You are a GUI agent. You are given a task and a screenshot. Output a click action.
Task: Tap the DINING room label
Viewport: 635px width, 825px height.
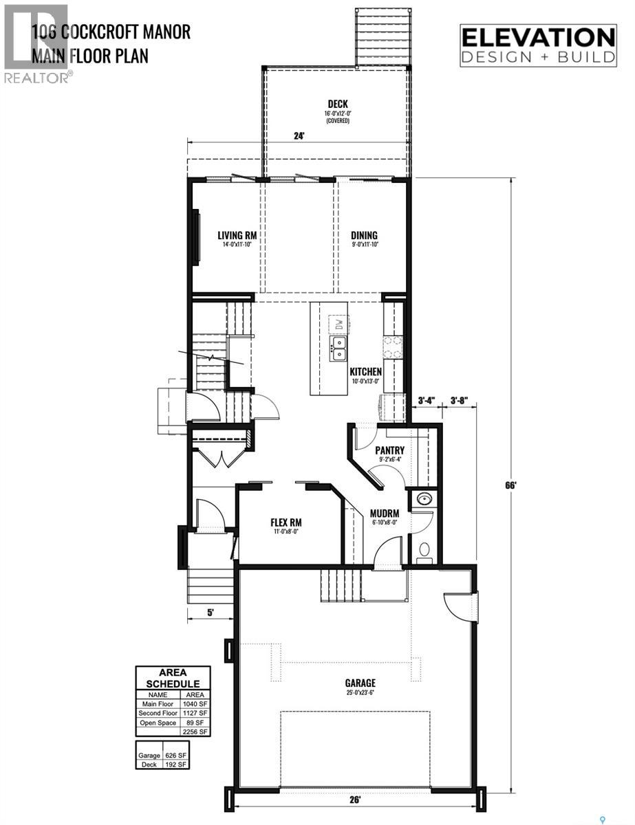point(365,235)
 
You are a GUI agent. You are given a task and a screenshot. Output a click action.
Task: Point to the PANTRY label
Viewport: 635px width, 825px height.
point(388,450)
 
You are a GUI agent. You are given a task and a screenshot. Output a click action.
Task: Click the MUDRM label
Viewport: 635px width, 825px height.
point(385,512)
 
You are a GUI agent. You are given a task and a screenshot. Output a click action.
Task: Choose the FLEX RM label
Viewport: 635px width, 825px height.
point(286,522)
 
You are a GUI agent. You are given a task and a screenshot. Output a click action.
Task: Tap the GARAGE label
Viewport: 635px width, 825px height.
point(360,683)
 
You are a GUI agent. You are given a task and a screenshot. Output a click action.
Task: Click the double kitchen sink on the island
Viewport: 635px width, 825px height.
point(338,349)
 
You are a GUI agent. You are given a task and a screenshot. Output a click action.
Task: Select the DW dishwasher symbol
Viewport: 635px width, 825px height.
point(338,323)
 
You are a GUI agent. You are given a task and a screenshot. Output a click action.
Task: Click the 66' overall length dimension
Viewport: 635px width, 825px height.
point(510,485)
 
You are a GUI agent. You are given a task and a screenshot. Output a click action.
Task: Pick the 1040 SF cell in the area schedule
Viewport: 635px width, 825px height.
point(195,703)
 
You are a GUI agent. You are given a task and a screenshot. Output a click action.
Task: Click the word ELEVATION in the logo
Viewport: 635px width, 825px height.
point(538,36)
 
